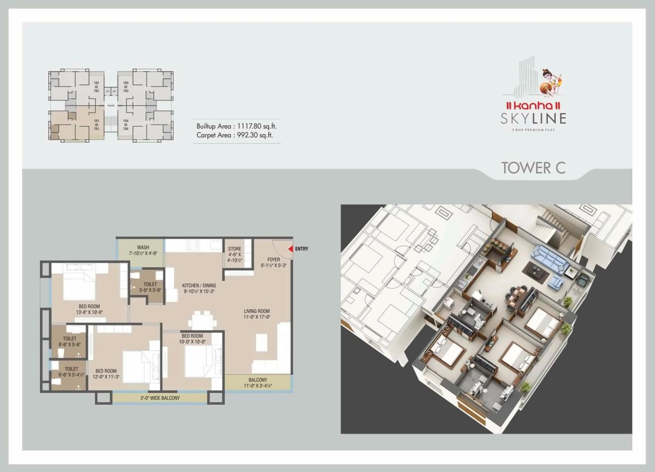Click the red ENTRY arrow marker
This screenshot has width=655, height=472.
(290, 249)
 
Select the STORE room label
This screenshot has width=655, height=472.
(235, 249)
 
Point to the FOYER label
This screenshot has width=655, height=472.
(273, 260)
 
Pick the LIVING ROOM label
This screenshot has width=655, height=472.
(256, 311)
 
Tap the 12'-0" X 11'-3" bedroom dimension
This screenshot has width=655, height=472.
(106, 377)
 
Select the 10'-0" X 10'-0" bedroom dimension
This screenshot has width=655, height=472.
(192, 342)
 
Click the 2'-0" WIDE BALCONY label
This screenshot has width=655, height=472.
(160, 397)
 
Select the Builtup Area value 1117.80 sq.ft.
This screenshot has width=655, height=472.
(254, 126)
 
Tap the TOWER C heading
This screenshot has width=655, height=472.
(533, 168)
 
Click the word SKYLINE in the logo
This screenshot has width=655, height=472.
(534, 119)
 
